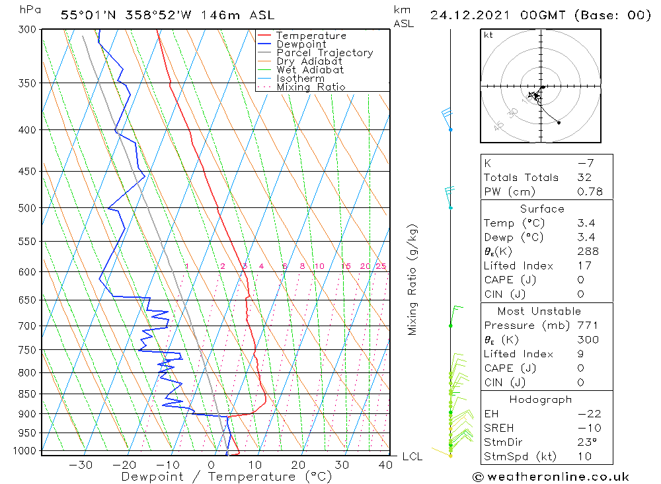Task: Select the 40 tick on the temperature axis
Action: click(x=386, y=465)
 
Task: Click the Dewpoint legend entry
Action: click(x=301, y=44)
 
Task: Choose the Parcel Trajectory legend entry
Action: click(x=325, y=53)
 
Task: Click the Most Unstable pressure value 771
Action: click(x=588, y=326)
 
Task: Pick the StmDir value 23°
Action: click(x=586, y=442)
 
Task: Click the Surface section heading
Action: click(x=542, y=209)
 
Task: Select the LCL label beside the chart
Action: click(x=412, y=456)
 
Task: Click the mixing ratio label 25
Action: click(x=381, y=266)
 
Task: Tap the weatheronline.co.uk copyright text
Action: click(x=551, y=477)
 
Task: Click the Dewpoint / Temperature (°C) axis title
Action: click(x=226, y=477)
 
